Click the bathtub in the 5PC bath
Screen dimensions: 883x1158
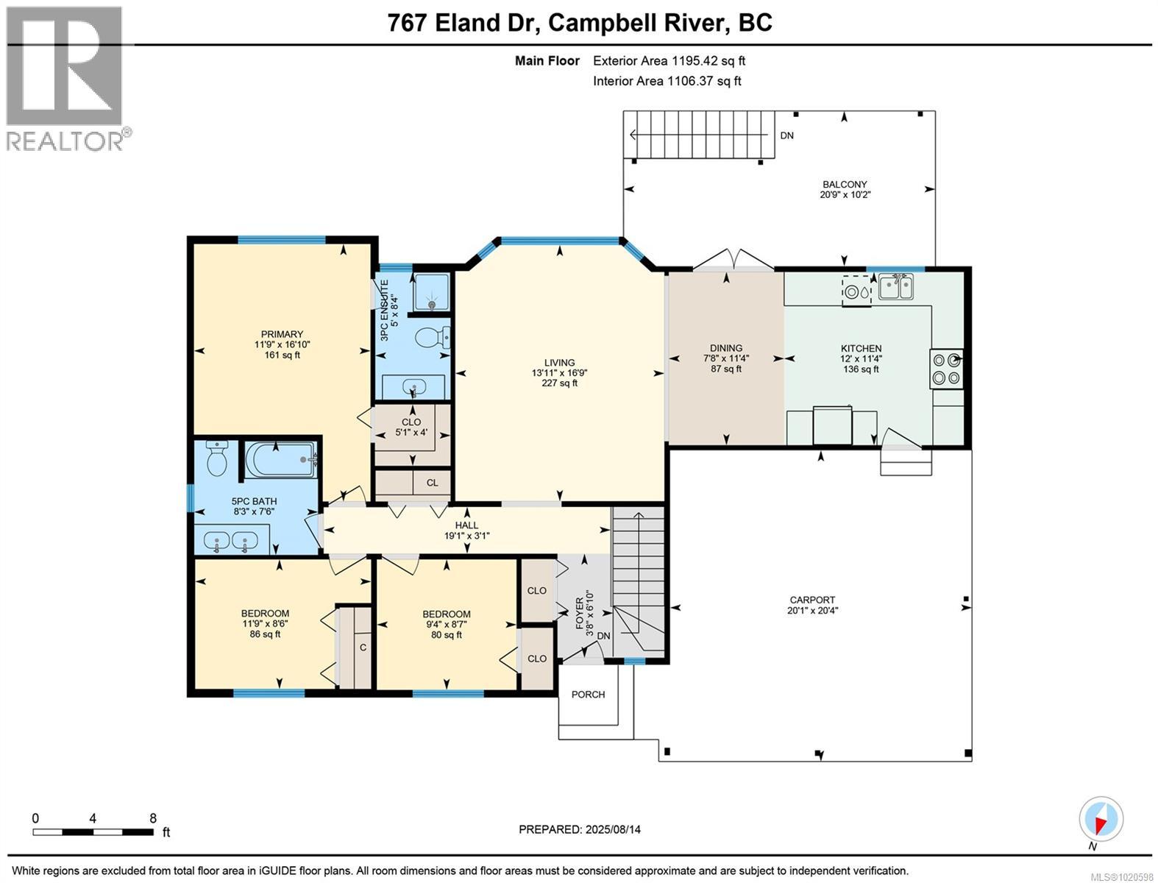pos(280,460)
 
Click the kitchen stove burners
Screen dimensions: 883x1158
pos(946,369)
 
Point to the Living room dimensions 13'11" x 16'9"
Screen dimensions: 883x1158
pos(559,372)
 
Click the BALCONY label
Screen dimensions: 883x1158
pos(845,185)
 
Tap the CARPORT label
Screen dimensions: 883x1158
pos(812,600)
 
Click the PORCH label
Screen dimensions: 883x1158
pos(588,694)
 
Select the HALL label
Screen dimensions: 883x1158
pos(466,525)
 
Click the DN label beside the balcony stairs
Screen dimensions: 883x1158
pos(786,135)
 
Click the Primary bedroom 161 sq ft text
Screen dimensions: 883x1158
pos(282,355)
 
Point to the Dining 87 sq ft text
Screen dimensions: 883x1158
pos(725,369)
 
